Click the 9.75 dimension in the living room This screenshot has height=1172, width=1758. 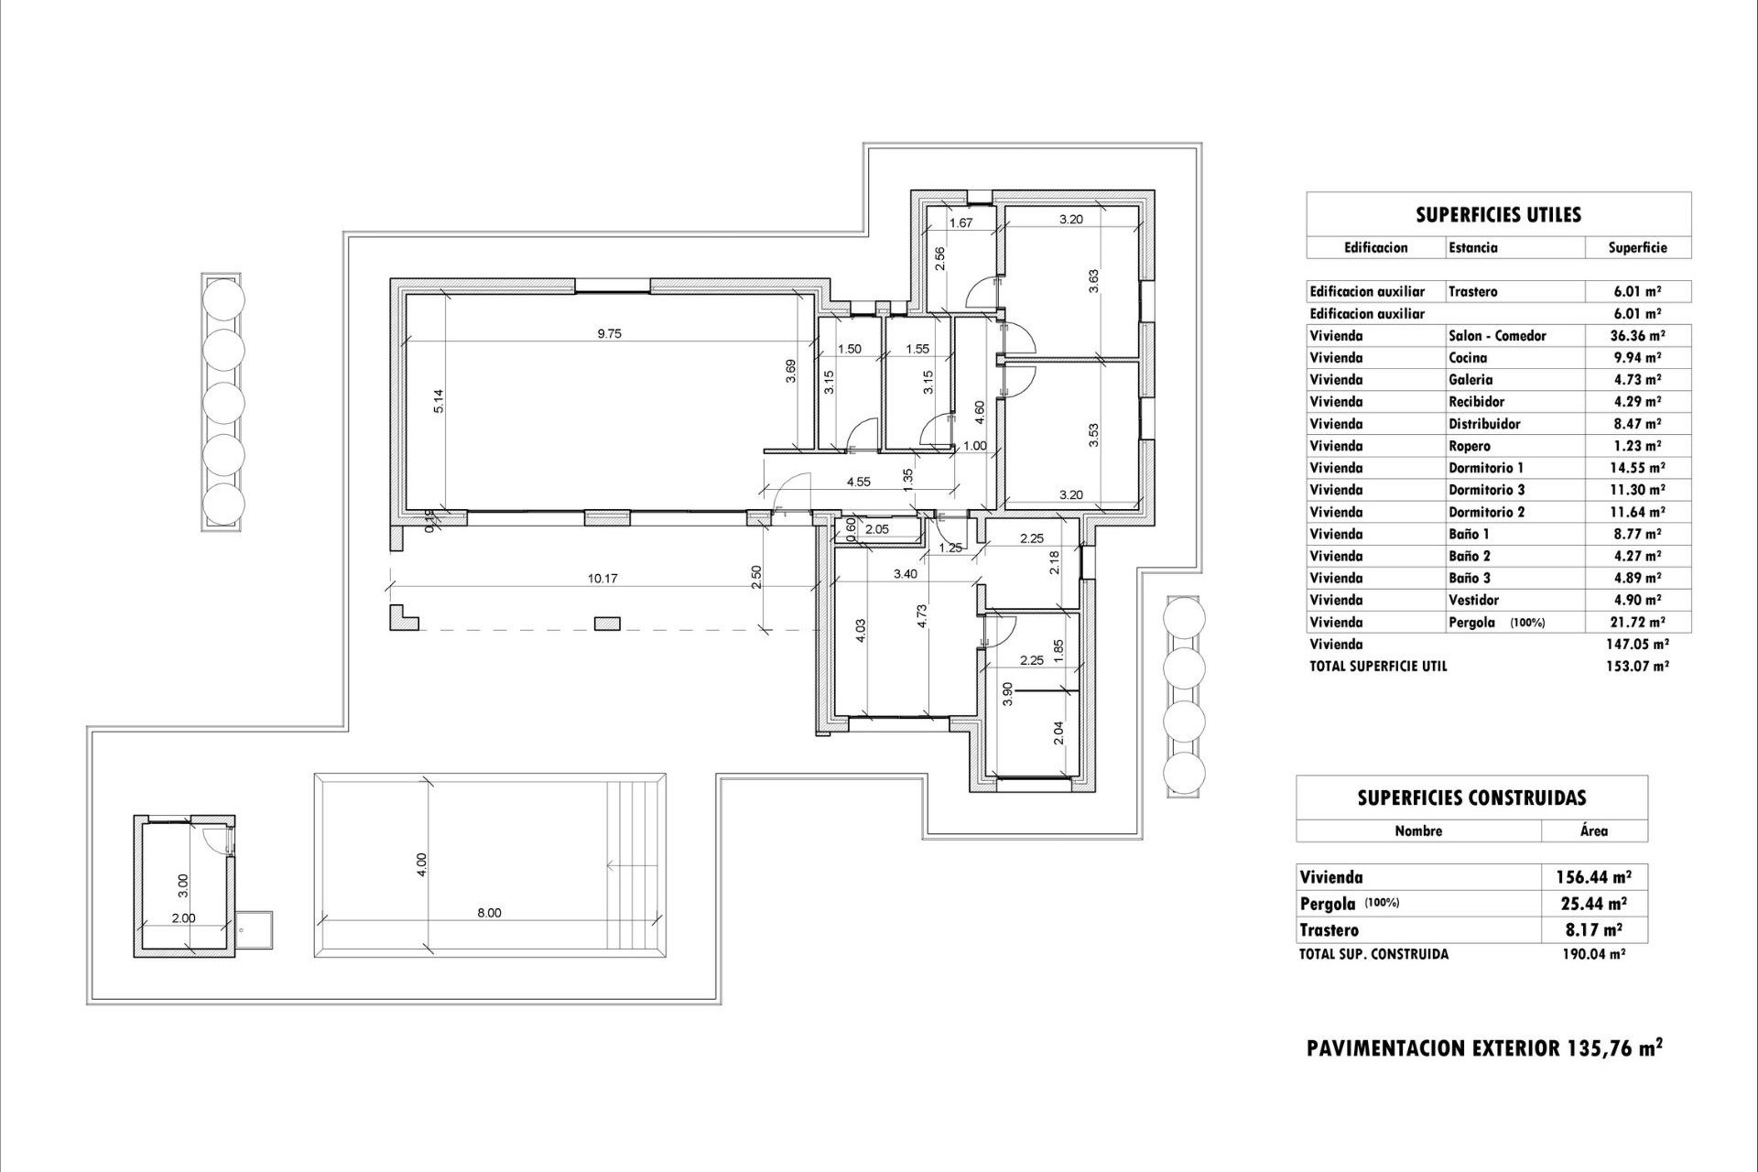[609, 334]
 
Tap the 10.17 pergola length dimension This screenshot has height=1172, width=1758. [602, 579]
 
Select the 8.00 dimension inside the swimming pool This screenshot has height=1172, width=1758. [489, 913]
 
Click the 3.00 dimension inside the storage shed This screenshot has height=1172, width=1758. [183, 884]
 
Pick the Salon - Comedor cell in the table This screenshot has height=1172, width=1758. [1497, 336]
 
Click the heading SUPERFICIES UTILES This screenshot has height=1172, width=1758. [1498, 215]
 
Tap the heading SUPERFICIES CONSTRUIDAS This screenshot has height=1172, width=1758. [1471, 798]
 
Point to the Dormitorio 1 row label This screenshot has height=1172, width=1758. [1486, 468]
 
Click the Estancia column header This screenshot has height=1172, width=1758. [1473, 247]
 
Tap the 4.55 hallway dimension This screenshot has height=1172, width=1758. [858, 482]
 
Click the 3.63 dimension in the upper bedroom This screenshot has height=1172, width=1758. [1093, 280]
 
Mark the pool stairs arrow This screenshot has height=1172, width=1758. [634, 863]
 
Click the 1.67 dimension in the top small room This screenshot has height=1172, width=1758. [960, 222]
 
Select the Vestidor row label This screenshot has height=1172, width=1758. [1473, 600]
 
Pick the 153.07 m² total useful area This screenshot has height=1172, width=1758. [1637, 667]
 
